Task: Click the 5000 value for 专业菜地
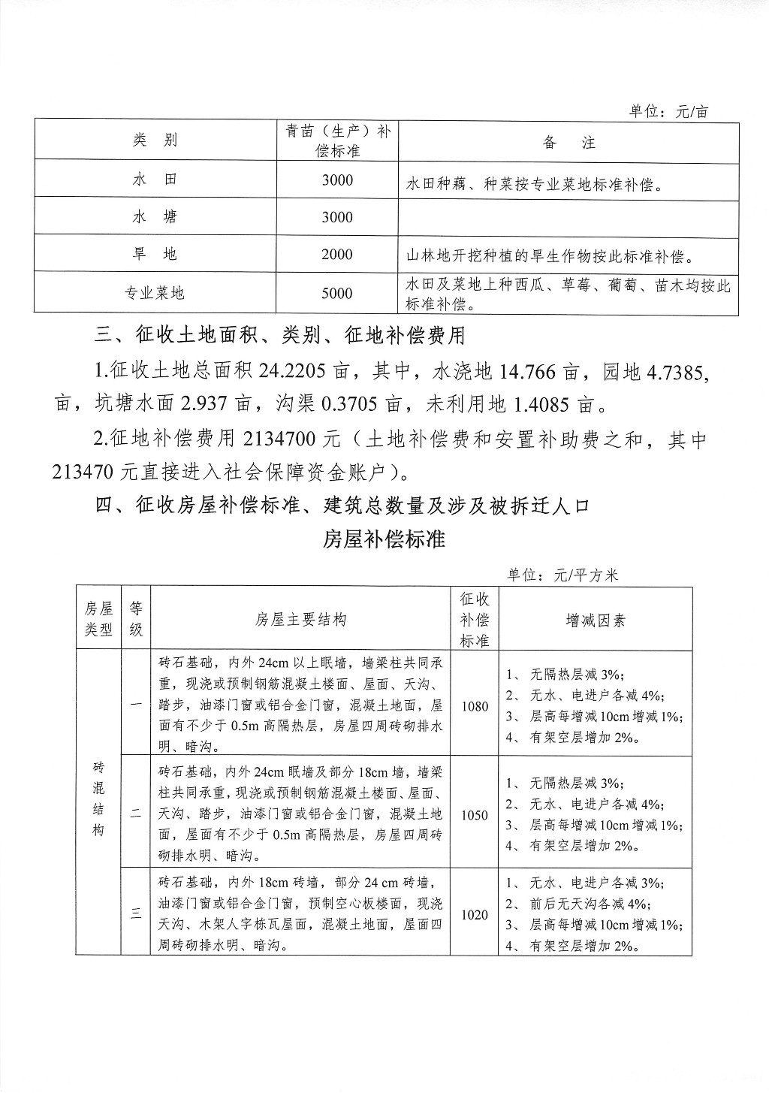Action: (x=336, y=293)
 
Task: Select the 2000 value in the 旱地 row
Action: (x=336, y=255)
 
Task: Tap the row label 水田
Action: (x=155, y=180)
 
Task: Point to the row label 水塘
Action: (x=155, y=217)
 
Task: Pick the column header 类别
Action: (x=155, y=140)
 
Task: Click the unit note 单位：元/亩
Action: (x=668, y=112)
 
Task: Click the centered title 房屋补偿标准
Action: (x=384, y=539)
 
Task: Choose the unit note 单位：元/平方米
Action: (x=562, y=575)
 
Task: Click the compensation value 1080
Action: (x=475, y=706)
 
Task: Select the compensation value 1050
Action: (x=475, y=815)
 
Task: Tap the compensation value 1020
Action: (x=475, y=915)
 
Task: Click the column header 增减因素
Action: (x=596, y=620)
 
